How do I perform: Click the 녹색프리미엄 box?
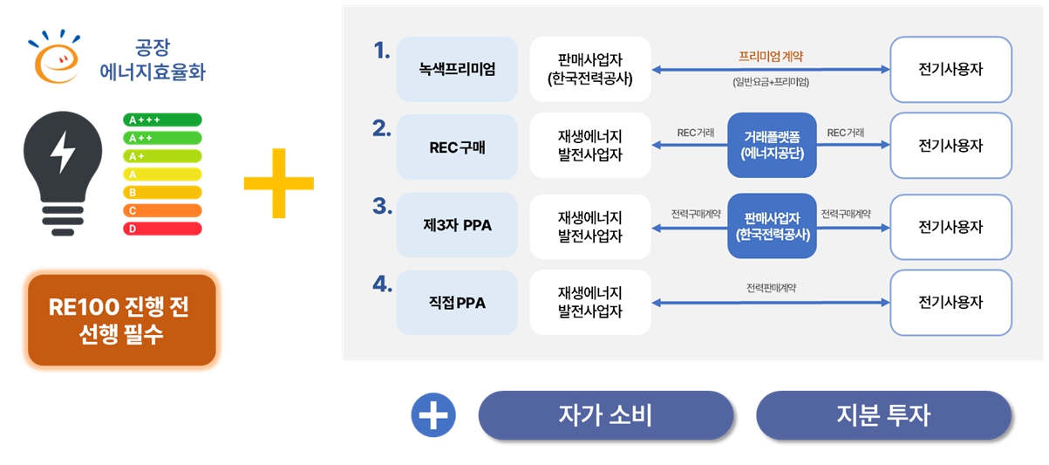pyautogui.click(x=457, y=70)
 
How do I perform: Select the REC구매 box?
pyautogui.click(x=457, y=147)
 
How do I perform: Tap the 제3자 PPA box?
pyautogui.click(x=457, y=225)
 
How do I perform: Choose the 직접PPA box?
pyautogui.click(x=457, y=303)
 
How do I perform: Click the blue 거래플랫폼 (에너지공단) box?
pyautogui.click(x=772, y=146)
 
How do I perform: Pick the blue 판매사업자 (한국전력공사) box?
pyautogui.click(x=772, y=226)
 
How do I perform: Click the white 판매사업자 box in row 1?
pyautogui.click(x=590, y=70)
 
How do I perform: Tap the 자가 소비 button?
pyautogui.click(x=605, y=415)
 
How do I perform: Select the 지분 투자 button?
pyautogui.click(x=883, y=415)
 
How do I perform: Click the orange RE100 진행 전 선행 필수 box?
pyautogui.click(x=121, y=320)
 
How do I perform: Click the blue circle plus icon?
pyautogui.click(x=433, y=415)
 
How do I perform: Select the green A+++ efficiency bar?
pyautogui.click(x=163, y=120)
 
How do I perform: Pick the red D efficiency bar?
pyautogui.click(x=163, y=229)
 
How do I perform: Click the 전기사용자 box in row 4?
pyautogui.click(x=950, y=303)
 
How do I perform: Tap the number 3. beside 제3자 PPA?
pyautogui.click(x=381, y=206)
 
